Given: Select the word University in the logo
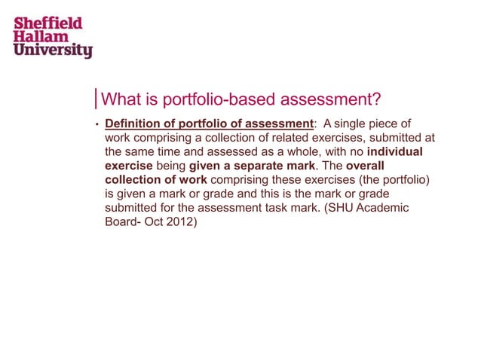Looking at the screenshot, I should click(x=52, y=50).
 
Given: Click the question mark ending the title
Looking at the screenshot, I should click(x=375, y=100).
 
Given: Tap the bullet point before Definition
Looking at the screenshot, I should click(x=97, y=124).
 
